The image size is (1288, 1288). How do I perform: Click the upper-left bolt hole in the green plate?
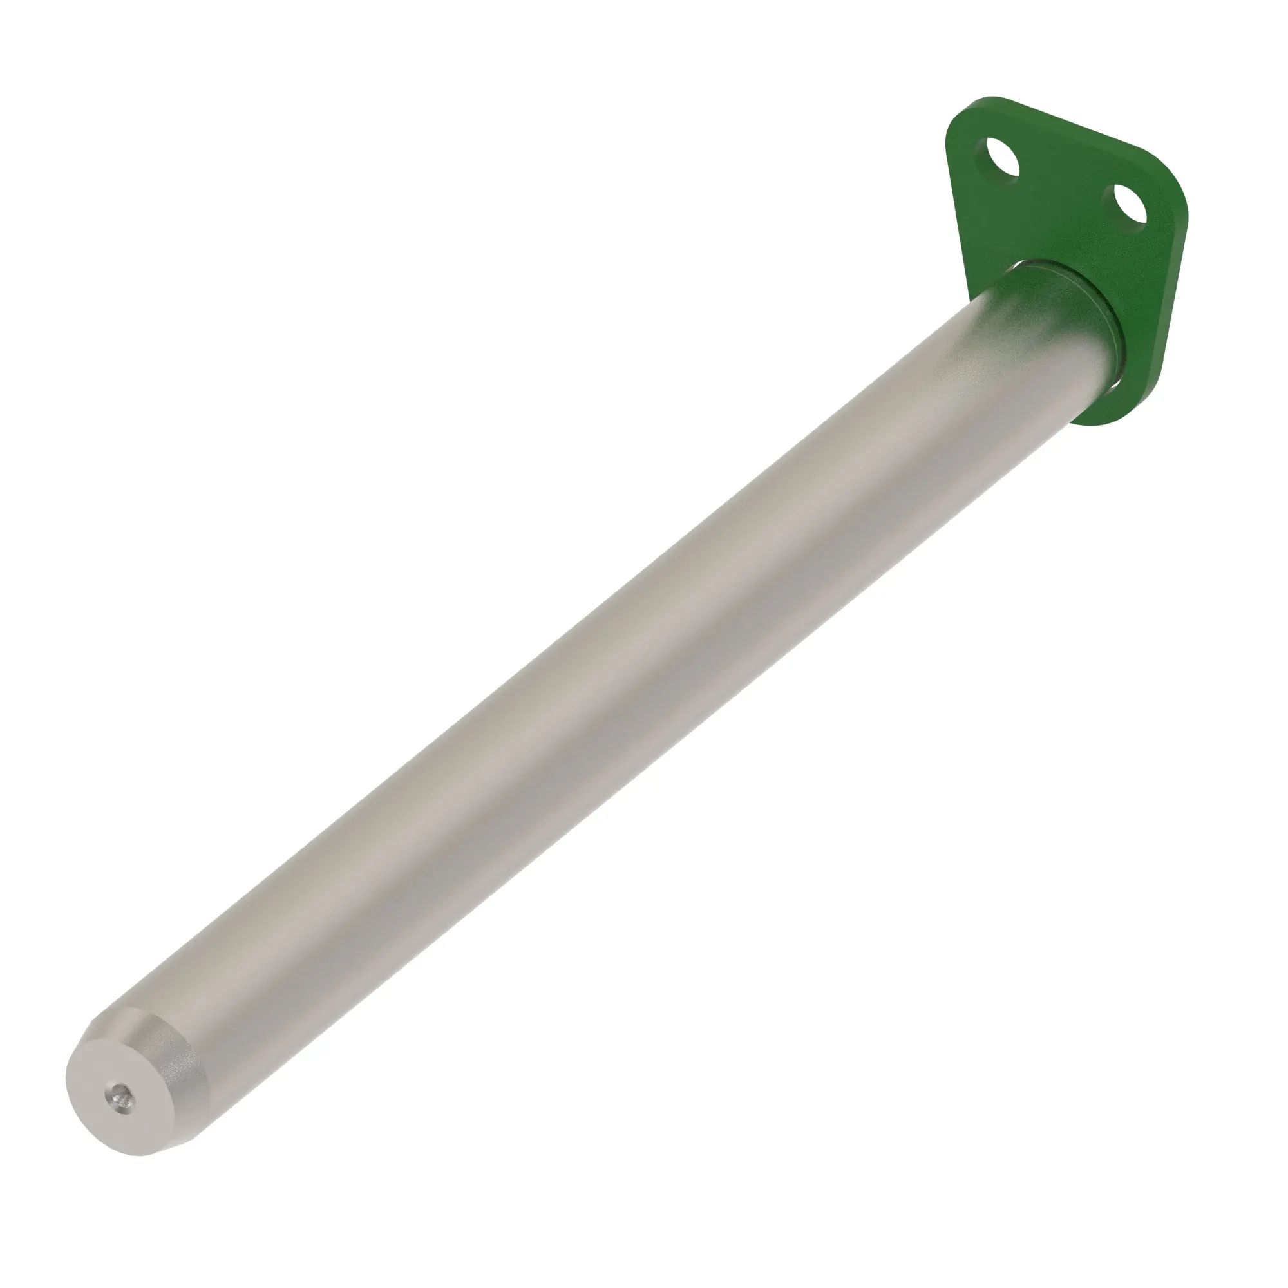998,160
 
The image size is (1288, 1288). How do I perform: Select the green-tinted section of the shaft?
1040,314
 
